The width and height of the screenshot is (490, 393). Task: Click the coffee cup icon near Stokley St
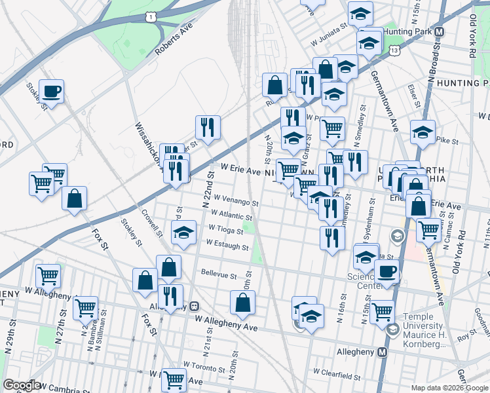click(x=51, y=92)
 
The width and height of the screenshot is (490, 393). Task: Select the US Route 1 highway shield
click(x=152, y=16)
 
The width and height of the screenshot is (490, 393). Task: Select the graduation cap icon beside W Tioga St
click(x=184, y=232)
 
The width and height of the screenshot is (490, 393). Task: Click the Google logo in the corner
click(x=22, y=385)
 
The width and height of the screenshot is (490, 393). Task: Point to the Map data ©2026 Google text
click(x=449, y=388)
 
